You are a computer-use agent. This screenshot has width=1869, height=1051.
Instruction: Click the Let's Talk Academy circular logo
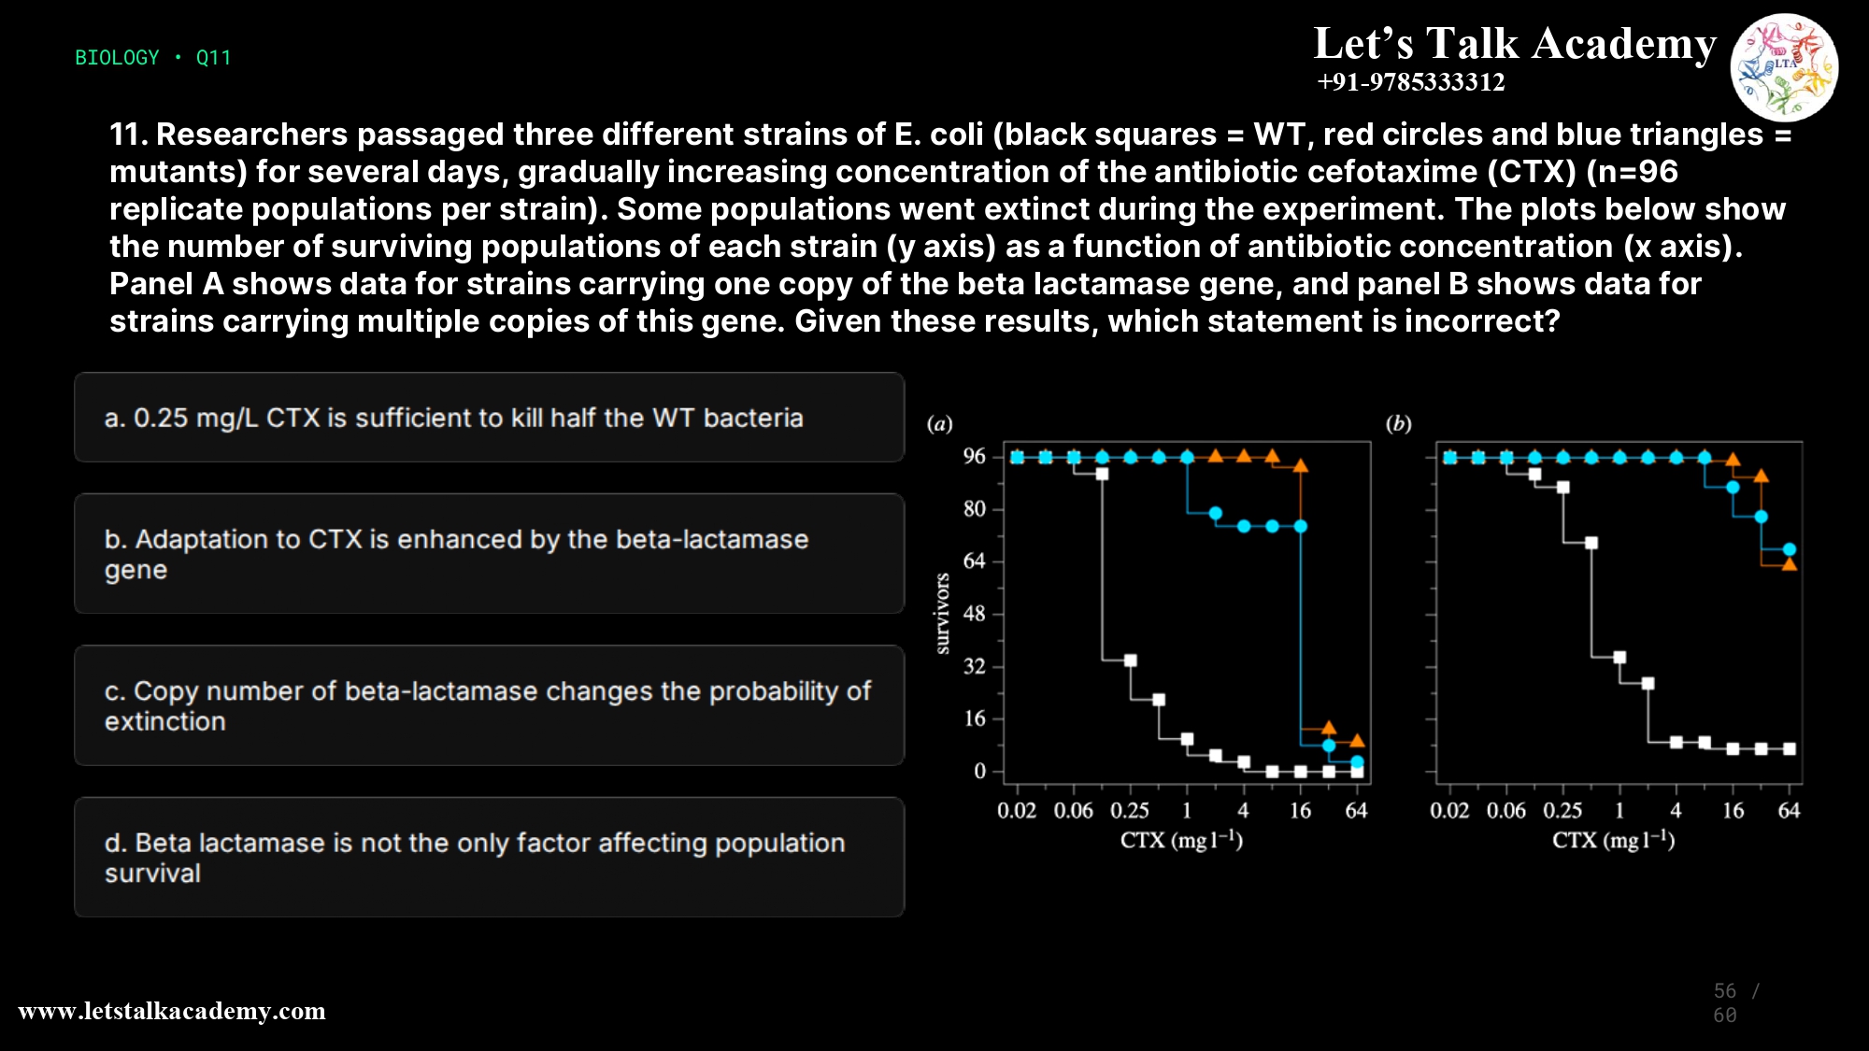point(1784,67)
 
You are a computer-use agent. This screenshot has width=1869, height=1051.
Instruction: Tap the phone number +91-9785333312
point(1410,82)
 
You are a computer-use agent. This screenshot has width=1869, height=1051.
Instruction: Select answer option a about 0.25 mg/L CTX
point(489,418)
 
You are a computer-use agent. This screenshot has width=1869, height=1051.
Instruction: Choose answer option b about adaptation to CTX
point(489,554)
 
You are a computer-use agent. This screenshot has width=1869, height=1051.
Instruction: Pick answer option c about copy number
point(489,705)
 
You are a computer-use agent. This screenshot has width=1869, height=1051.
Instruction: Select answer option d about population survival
point(489,858)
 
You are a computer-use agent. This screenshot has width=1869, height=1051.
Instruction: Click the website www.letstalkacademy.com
point(172,1011)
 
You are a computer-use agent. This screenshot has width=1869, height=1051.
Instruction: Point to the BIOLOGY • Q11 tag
point(152,58)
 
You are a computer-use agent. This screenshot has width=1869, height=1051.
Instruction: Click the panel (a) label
point(939,424)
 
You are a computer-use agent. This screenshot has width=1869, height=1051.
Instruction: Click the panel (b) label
point(1398,424)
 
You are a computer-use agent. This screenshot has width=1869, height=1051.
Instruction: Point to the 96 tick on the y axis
point(974,457)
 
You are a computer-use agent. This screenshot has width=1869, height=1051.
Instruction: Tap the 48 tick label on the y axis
point(974,615)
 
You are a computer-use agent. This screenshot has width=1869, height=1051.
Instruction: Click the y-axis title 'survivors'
point(942,614)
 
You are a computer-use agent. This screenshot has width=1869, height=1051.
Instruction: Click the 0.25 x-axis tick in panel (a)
point(1129,811)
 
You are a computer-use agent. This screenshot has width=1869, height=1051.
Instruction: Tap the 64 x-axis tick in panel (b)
point(1789,811)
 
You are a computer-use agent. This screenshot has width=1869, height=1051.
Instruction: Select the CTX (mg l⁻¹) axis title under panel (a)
point(1181,840)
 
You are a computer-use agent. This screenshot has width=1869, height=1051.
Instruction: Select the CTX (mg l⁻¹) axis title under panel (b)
point(1613,840)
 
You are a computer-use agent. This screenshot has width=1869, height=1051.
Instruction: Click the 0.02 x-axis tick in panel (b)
point(1449,811)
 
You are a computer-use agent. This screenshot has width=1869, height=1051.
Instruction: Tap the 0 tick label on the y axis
point(979,772)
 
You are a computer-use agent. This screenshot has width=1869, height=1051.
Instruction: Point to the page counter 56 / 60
point(1736,1002)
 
